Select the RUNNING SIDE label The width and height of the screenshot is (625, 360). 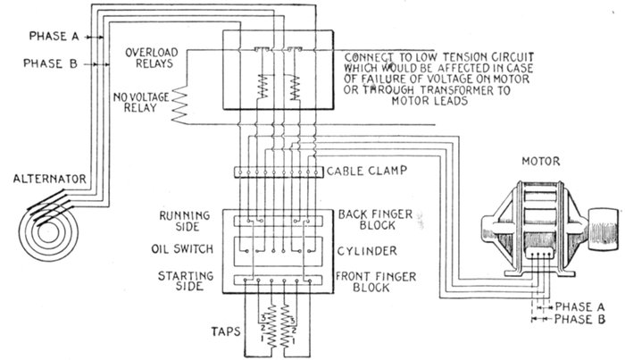pos(184,222)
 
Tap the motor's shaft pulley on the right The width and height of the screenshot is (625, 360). pos(604,222)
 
